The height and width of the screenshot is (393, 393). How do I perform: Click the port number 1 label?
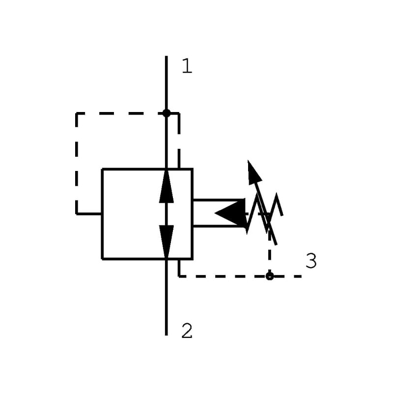coord(187,66)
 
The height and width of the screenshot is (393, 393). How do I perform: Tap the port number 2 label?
coord(187,331)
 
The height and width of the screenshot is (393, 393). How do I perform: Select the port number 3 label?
coord(310,261)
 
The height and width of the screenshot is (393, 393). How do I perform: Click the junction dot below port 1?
coord(167,113)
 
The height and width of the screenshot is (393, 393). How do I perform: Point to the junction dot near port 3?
coord(269,276)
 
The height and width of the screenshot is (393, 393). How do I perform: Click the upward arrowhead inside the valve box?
coord(167,187)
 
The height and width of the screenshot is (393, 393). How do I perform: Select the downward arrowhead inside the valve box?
coord(167,241)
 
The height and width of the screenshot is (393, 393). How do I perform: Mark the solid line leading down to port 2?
coord(167,300)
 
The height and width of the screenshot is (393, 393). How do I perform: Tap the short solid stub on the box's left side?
coord(89,214)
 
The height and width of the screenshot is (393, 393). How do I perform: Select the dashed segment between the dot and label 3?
coord(287,276)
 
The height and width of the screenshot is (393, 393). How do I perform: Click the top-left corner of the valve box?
coord(102,169)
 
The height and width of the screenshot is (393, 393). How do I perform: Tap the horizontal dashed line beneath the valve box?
coord(221,276)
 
